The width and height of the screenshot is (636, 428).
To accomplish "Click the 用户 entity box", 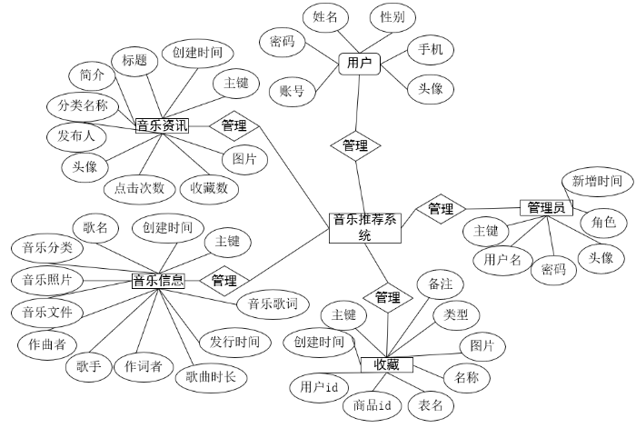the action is (x=360, y=64).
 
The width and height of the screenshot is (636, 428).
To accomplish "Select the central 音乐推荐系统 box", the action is (x=364, y=227).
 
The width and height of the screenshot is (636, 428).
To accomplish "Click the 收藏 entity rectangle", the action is (x=387, y=364).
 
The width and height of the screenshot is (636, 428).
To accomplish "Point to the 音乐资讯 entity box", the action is (x=162, y=125).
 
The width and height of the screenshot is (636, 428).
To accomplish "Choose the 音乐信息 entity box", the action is (x=158, y=281).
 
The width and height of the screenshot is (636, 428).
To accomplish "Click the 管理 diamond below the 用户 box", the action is (x=355, y=145).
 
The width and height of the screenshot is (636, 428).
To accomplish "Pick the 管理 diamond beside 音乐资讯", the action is (x=234, y=125).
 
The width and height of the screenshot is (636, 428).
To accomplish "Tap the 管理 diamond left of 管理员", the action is (x=441, y=209).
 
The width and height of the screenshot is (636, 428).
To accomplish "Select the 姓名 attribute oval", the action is (x=325, y=16).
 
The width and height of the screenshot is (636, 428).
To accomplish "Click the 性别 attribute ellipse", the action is (x=393, y=16).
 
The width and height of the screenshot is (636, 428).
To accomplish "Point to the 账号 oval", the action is (x=292, y=90).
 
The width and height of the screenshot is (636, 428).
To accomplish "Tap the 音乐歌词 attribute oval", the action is (x=273, y=304).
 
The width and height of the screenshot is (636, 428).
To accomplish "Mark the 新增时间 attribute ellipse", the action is (x=597, y=182).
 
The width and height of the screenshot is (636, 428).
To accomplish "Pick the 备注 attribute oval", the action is (x=440, y=284).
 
